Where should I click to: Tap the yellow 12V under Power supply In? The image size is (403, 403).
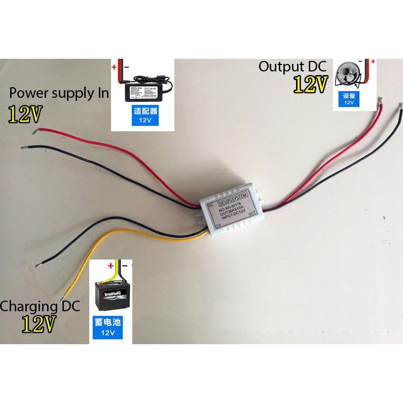coord(24,115)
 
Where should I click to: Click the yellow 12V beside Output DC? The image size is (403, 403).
coord(309,84)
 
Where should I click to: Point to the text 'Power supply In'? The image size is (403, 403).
coord(59,93)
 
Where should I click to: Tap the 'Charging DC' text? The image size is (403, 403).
coord(40,306)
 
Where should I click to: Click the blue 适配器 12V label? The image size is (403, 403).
coord(142,116)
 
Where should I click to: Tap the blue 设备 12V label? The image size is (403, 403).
coord(349,99)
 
